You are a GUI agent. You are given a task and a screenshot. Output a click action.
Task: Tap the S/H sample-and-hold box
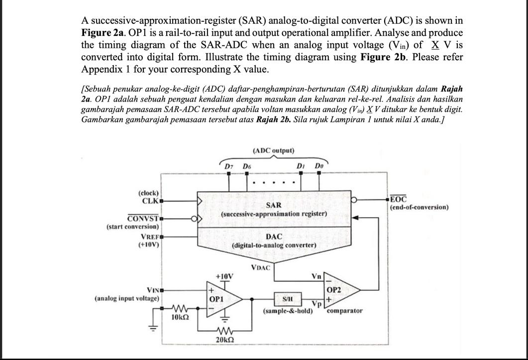tap(287, 299)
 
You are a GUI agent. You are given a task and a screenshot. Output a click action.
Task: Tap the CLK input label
tap(149, 201)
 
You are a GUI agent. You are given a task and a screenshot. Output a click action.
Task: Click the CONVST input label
tap(142, 218)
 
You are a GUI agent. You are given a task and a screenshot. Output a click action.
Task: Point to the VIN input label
tap(152, 290)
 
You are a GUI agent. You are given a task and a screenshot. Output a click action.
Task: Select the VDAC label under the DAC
tap(260, 268)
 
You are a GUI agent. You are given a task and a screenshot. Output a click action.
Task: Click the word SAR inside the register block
tap(273, 205)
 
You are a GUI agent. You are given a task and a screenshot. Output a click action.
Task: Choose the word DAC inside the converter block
tap(274, 237)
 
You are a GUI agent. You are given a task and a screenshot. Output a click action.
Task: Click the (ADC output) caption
tap(274, 150)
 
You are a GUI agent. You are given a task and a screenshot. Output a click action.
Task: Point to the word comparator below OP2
tap(345, 311)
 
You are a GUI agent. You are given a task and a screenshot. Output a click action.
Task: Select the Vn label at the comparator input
tap(316, 275)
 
